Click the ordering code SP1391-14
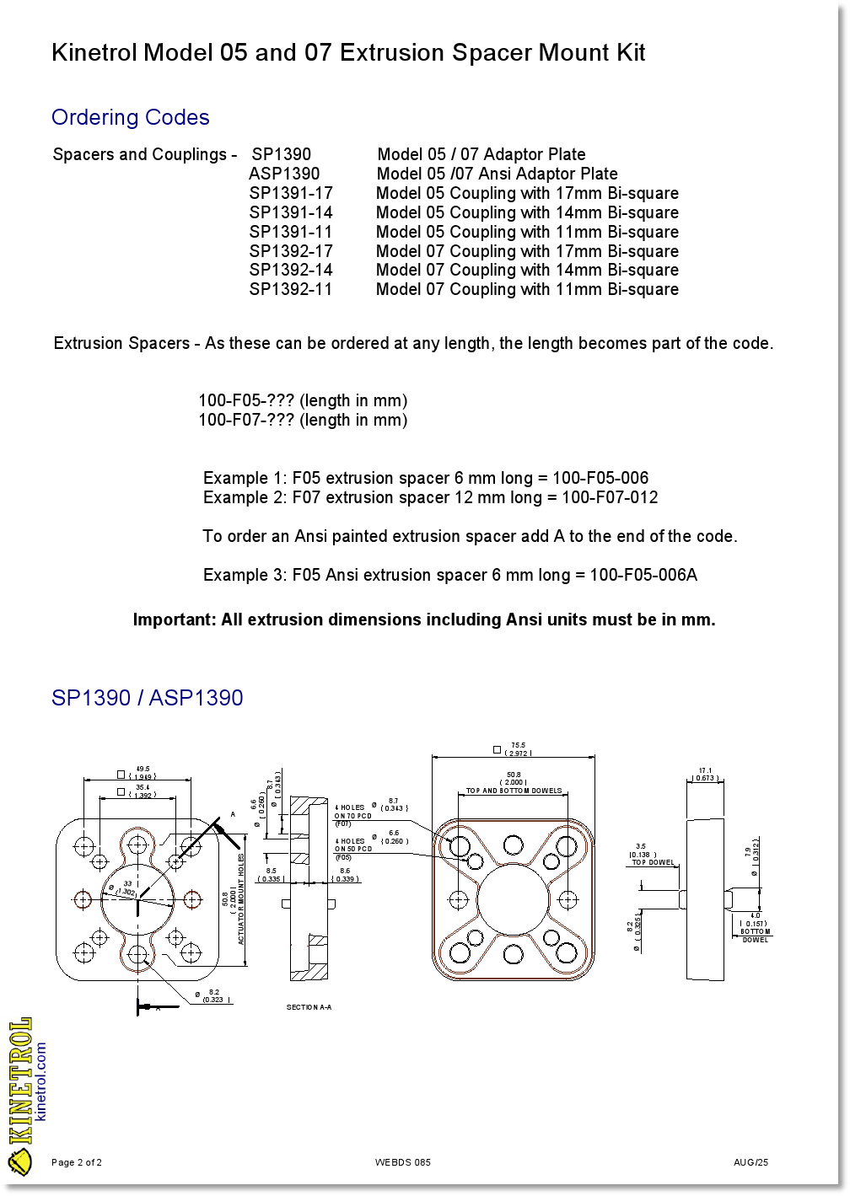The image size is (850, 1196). (291, 212)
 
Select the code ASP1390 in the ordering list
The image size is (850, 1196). (284, 174)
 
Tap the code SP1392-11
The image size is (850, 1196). (291, 289)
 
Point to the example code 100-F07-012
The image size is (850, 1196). (610, 497)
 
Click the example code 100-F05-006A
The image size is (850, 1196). (643, 575)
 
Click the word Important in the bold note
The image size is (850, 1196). (174, 619)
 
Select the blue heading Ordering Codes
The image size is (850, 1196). (130, 117)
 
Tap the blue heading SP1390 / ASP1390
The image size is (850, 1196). (147, 698)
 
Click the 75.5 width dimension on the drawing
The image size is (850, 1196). (518, 746)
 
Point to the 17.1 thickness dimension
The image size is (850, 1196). (706, 770)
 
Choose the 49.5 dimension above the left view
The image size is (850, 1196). (143, 769)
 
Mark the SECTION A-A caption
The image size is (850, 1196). (309, 1007)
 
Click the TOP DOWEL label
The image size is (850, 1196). (654, 862)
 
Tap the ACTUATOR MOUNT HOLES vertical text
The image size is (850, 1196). (241, 898)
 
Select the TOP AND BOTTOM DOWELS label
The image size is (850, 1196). (514, 791)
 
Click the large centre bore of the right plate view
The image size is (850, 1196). (513, 899)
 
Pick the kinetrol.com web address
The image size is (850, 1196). (41, 1081)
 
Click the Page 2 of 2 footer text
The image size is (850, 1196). (77, 1162)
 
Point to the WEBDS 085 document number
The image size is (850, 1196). (402, 1162)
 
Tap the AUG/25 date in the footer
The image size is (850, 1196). (750, 1162)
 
